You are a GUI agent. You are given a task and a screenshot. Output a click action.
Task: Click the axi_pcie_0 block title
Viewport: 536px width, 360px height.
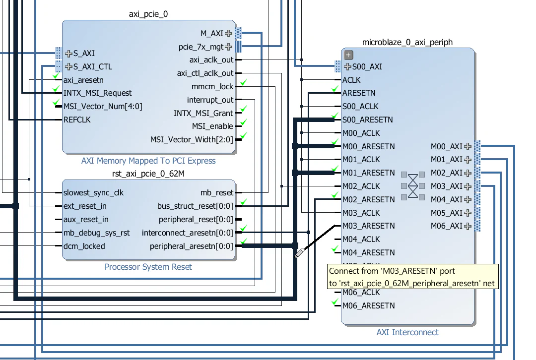[148, 14]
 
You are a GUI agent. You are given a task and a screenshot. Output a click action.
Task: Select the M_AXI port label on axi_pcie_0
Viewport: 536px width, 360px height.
[212, 33]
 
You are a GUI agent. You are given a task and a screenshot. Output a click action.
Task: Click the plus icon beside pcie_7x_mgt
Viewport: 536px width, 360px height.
[228, 47]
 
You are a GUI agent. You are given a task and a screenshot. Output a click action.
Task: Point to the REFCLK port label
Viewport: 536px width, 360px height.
[77, 120]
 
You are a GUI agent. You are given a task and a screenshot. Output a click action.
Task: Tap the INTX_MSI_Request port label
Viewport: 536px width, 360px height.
[98, 93]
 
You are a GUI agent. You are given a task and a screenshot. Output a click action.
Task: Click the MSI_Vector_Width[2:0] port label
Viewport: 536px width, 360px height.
[192, 139]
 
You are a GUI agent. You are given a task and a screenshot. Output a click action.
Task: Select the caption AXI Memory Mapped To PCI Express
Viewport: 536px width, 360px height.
[148, 161]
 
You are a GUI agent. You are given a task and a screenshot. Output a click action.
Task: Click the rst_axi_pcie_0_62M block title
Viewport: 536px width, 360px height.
[148, 173]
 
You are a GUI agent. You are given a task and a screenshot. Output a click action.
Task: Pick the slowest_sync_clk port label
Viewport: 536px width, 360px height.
[93, 192]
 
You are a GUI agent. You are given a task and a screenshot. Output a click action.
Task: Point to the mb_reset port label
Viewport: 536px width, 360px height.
[217, 192]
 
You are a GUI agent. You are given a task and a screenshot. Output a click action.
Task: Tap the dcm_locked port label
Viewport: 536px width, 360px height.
[84, 245]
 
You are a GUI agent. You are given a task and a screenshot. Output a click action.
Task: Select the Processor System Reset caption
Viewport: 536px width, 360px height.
[148, 267]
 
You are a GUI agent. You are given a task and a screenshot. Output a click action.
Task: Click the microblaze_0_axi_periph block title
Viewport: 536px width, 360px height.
[407, 42]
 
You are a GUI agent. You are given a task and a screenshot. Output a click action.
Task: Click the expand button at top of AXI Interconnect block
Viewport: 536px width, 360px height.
[348, 55]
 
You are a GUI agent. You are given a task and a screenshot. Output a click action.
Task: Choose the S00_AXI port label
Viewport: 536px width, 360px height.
[367, 66]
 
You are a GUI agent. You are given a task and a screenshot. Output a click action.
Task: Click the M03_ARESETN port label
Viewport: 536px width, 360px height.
[368, 226]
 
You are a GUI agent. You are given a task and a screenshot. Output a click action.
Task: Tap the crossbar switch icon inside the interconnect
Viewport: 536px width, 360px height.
[413, 186]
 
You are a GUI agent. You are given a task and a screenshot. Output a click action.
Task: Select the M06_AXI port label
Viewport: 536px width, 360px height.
[446, 226]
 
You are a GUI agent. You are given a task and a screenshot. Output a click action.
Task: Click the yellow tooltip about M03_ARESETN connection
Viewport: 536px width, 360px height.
[412, 277]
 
